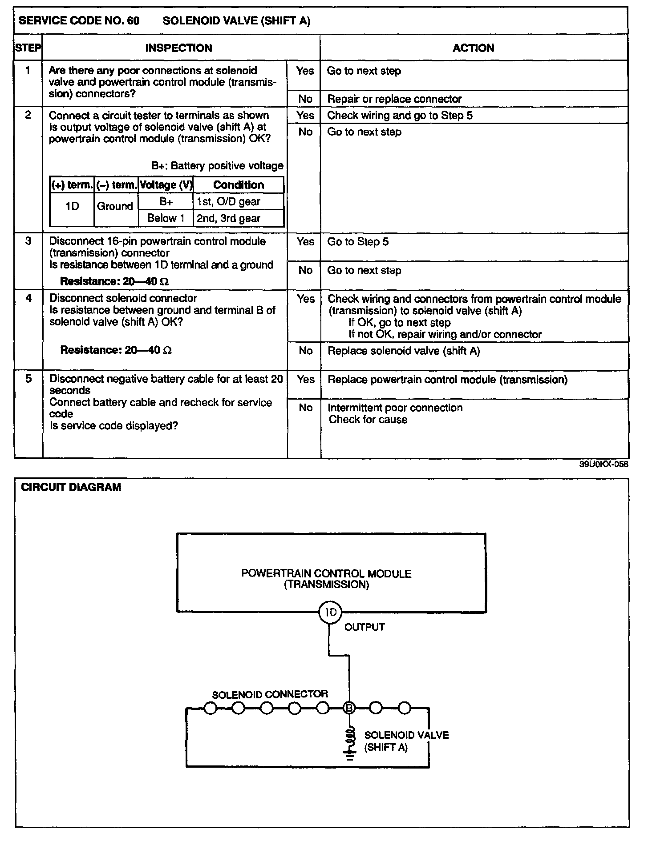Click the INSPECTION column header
pos(178,48)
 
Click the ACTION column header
pos(473,48)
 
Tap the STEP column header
pos(28,48)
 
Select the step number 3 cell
pos(28,241)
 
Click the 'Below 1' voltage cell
pos(166,218)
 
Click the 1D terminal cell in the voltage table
pos(72,207)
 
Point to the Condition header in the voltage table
pos(238,185)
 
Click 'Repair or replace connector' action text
pos(394,99)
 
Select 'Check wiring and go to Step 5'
pos(400,116)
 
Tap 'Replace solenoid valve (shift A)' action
pos(404,351)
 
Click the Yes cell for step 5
pos(305,380)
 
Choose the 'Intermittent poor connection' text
pos(395,408)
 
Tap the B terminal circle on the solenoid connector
pos(350,708)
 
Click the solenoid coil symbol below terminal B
pos(351,738)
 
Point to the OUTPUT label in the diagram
pos(364,627)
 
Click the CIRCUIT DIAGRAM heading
pos(71,487)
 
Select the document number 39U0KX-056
pos(603,465)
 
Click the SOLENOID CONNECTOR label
pos(270,694)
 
